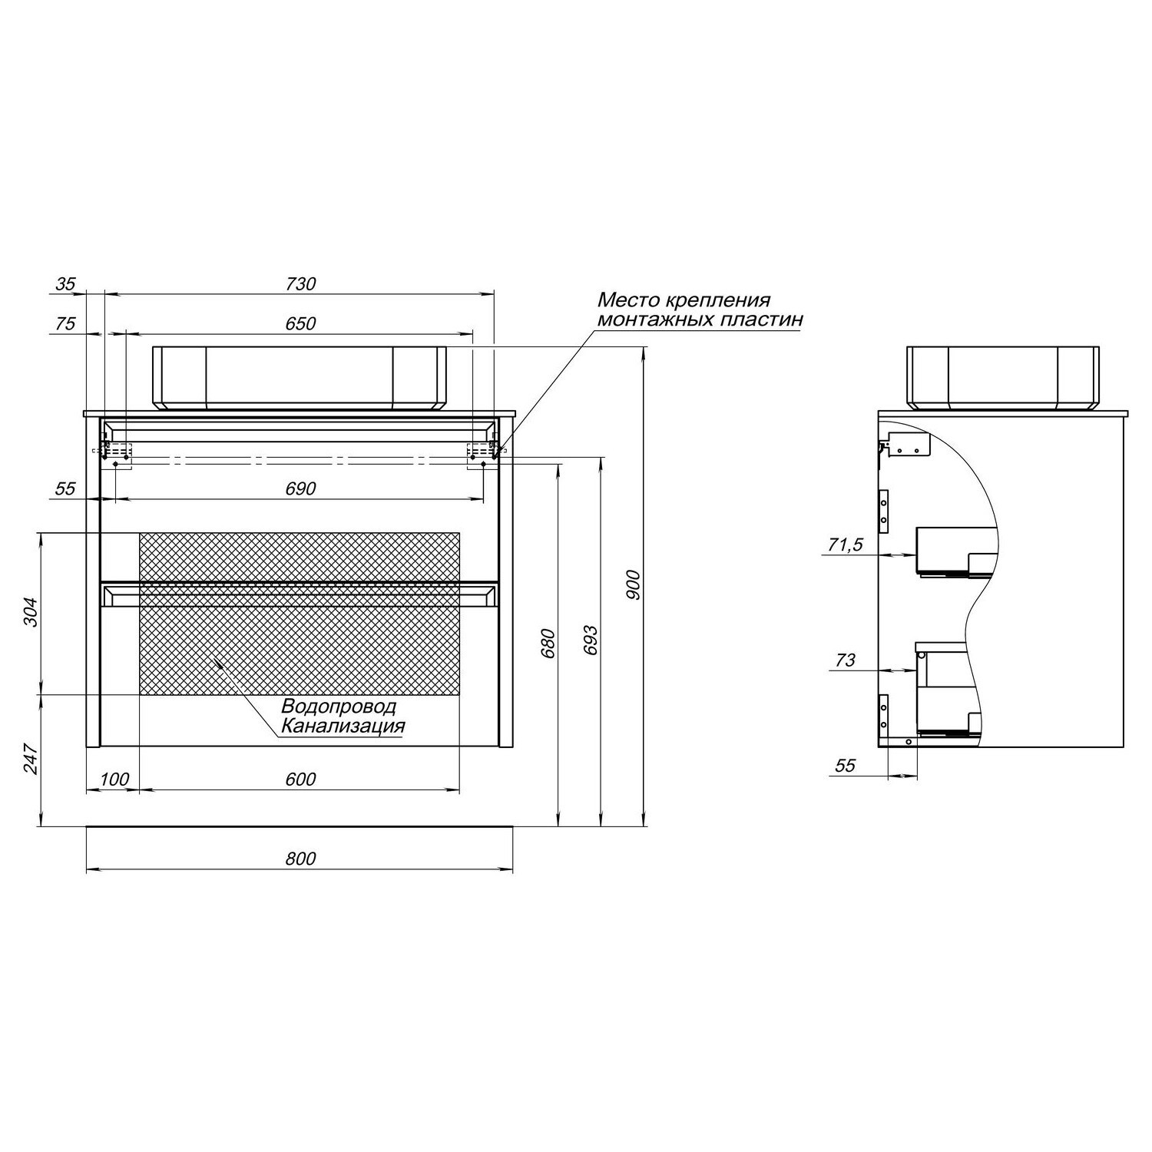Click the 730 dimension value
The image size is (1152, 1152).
pos(300,283)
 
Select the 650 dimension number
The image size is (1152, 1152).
pos(300,323)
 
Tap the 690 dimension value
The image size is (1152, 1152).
pos(300,488)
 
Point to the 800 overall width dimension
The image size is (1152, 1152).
pos(300,858)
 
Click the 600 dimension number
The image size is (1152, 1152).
pos(300,779)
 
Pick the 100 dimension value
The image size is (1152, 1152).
pos(114,779)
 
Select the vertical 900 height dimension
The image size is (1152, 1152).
pos(634,585)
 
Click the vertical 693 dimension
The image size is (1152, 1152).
pos(591,640)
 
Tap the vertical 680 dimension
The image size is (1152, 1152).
pos(548,644)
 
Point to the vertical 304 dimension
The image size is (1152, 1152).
pos(30,612)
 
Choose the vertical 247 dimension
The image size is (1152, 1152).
pos(30,758)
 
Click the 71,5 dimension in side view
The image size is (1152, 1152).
pos(845,545)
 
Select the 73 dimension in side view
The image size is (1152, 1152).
pos(845,660)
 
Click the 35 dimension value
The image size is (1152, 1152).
pos(66,283)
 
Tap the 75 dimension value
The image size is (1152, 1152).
pos(66,323)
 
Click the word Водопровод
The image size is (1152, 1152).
pos(339,707)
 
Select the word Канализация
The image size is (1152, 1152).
pos(343,727)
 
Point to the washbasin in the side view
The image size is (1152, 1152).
pos(1004,377)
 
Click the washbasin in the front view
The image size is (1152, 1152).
pos(300,377)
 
